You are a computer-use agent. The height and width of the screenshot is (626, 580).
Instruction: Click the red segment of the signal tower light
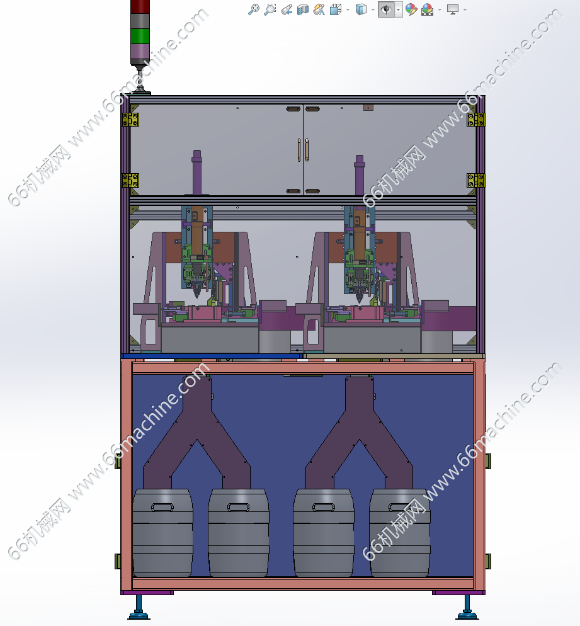click(140, 6)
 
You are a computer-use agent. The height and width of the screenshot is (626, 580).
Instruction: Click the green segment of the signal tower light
click(140, 37)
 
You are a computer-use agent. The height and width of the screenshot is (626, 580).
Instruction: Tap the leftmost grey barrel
click(162, 533)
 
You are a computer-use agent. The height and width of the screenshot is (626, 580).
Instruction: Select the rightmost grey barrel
click(399, 533)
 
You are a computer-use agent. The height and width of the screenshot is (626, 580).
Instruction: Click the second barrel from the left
click(238, 533)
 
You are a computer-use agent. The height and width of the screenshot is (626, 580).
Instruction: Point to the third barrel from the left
click(323, 533)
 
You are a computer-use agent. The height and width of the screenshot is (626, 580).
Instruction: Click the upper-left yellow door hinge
click(130, 120)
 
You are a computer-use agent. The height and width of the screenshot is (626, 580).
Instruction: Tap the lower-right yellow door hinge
click(475, 181)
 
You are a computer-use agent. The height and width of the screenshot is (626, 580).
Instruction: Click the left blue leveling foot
click(139, 608)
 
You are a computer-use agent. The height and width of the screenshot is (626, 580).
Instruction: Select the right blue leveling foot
click(467, 608)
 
